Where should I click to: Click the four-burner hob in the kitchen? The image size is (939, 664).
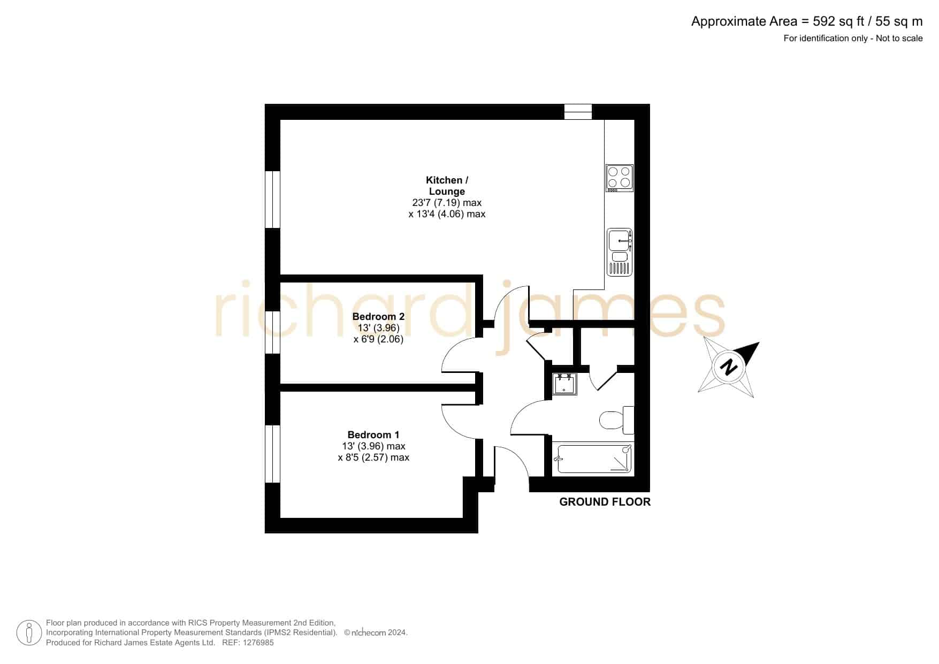(x=620, y=178)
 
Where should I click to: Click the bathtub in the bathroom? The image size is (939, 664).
(x=594, y=459)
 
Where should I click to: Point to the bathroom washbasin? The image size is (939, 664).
(x=564, y=384)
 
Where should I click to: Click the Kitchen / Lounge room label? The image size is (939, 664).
(x=447, y=186)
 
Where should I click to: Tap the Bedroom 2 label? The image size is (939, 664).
(x=378, y=316)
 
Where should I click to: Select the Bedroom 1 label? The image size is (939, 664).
(x=373, y=434)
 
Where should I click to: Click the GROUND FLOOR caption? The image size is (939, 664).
(x=605, y=502)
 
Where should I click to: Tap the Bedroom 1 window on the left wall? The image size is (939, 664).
(x=273, y=454)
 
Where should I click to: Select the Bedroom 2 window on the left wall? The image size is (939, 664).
(x=273, y=333)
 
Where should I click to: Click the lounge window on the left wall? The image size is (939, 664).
(x=273, y=200)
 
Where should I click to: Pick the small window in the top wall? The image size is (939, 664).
(x=578, y=112)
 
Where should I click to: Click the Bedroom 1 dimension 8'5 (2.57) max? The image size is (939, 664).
(x=373, y=457)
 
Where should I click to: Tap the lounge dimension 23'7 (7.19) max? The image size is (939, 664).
(x=447, y=203)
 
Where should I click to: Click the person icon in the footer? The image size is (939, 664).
(x=29, y=633)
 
